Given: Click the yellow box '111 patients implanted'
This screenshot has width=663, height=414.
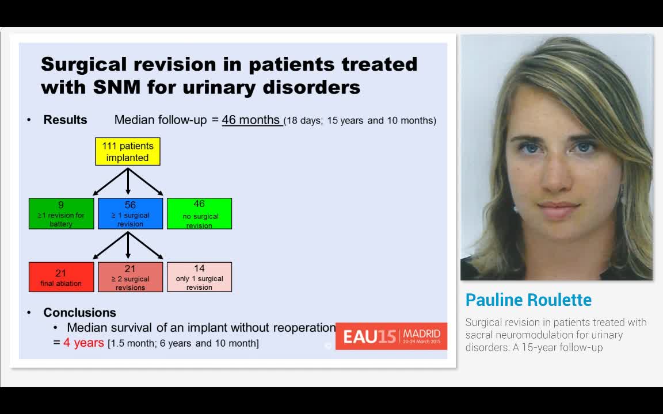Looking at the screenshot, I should coord(127,152).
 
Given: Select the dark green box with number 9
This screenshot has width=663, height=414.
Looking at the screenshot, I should coord(61,213).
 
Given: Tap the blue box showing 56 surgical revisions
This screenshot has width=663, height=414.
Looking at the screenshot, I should coord(130,213).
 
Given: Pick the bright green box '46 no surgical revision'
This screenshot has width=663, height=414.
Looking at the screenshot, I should coord(199,213).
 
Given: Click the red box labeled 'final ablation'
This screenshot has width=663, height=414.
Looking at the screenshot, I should coord(61,277).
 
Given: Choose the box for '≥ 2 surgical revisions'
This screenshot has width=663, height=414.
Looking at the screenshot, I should coord(130,277).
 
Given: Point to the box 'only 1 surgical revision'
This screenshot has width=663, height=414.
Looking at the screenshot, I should coord(199,277).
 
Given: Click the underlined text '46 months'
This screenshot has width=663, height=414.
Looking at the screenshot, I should coord(251,120).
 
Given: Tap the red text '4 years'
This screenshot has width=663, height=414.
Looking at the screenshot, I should coord(83,343).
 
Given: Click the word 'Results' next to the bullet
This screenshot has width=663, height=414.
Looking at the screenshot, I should coord(65,120).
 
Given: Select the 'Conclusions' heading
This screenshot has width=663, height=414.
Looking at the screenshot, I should coord(79,312).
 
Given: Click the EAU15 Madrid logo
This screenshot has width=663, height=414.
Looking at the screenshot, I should coord(391,336).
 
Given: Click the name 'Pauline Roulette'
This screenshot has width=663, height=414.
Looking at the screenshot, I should coord(528,300).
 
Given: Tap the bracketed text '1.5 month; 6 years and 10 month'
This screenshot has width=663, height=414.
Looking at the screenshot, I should coord(183,343).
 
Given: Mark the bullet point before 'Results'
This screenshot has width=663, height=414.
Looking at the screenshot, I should coord(29,120).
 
